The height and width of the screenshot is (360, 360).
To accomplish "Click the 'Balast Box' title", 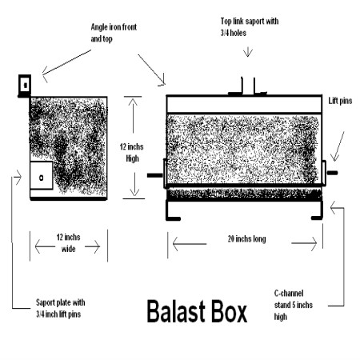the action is coord(197,311).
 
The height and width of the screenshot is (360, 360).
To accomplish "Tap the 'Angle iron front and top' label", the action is coord(114,33).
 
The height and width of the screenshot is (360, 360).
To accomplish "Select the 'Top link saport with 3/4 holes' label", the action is coord(250,27).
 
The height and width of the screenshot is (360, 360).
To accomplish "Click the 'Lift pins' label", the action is coord(340,101).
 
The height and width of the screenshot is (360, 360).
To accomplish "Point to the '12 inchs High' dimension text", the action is coord(132,153).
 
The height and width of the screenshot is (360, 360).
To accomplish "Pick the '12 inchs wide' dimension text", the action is coord(68,243).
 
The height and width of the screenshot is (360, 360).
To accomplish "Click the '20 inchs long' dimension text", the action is coord(246,239).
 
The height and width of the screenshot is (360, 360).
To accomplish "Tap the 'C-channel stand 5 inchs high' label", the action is coord(294,305).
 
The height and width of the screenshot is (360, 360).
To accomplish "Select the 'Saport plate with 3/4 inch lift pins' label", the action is coord(61,308).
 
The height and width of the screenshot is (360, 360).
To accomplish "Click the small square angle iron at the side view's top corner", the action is coord(25,85).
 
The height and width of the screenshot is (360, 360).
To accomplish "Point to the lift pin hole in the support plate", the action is coord(42,178).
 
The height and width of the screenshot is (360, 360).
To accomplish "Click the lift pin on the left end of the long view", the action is coord(155,175).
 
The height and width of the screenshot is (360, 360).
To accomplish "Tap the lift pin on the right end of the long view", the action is coord(332,173).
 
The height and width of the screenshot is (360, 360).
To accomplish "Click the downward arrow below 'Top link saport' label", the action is coord(248,51).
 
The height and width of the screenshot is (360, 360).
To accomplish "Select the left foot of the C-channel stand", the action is coord(173,218).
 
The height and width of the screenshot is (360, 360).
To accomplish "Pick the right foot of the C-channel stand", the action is coord(317,218).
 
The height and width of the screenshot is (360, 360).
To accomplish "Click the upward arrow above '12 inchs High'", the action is coord(133,114).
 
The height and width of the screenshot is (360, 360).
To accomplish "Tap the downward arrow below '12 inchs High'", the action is coord(134,184).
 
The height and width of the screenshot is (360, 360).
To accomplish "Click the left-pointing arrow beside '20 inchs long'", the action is coord(190,244).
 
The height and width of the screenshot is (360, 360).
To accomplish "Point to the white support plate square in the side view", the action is coord(42,175).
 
